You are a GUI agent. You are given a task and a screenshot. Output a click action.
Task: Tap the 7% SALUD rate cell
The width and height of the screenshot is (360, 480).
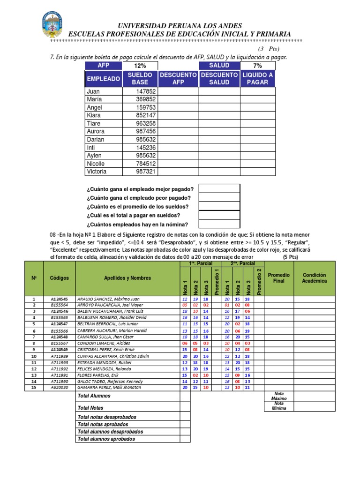(258, 66)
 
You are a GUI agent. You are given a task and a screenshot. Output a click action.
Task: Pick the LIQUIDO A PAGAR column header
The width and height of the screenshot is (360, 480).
(258, 78)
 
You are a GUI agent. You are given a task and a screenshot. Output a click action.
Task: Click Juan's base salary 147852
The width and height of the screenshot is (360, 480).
(146, 91)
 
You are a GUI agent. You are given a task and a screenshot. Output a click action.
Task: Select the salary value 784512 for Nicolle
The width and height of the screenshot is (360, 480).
(146, 164)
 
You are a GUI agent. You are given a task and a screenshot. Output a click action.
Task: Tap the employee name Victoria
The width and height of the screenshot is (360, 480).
(97, 172)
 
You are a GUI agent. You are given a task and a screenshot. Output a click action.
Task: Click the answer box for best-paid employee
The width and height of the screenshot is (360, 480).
(219, 188)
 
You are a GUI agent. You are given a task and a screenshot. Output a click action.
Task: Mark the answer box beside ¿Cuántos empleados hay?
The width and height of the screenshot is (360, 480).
(219, 224)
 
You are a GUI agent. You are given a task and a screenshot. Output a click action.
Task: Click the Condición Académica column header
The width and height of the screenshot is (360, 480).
(315, 278)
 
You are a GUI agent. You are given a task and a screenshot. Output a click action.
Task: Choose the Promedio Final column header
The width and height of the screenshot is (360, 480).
(278, 278)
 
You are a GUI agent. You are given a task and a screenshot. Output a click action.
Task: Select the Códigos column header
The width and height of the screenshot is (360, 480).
(59, 278)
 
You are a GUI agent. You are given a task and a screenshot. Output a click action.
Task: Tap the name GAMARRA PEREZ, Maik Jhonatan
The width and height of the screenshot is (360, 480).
(109, 387)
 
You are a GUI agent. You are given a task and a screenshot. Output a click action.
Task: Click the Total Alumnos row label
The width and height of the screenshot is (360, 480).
(94, 396)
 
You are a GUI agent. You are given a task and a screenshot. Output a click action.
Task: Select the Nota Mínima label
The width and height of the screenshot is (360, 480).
(279, 406)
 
